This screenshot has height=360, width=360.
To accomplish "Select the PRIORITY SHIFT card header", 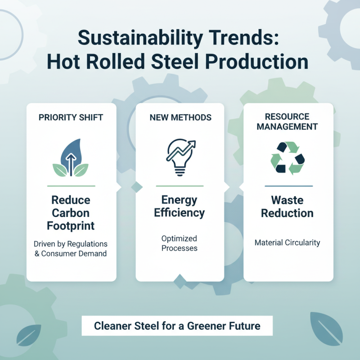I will pyautogui.click(x=71, y=117).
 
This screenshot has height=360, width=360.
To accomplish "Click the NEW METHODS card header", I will pyautogui.click(x=180, y=117).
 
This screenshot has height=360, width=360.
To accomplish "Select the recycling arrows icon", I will pyautogui.click(x=288, y=158).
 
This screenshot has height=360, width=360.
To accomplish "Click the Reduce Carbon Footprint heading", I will pyautogui.click(x=71, y=212).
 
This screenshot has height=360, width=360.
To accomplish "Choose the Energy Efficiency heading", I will pyautogui.click(x=180, y=206).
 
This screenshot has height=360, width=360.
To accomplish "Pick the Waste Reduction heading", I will pyautogui.click(x=288, y=206).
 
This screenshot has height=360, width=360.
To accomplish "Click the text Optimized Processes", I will pyautogui.click(x=180, y=243).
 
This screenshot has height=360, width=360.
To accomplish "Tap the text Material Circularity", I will pyautogui.click(x=288, y=243).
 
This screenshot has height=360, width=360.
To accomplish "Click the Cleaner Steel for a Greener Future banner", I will pyautogui.click(x=177, y=325).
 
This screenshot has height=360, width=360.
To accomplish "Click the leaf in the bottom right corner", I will pyautogui.click(x=326, y=328).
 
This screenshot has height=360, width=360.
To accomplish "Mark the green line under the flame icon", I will pyautogui.click(x=71, y=185).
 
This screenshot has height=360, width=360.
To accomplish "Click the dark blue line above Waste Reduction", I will pyautogui.click(x=288, y=185).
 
